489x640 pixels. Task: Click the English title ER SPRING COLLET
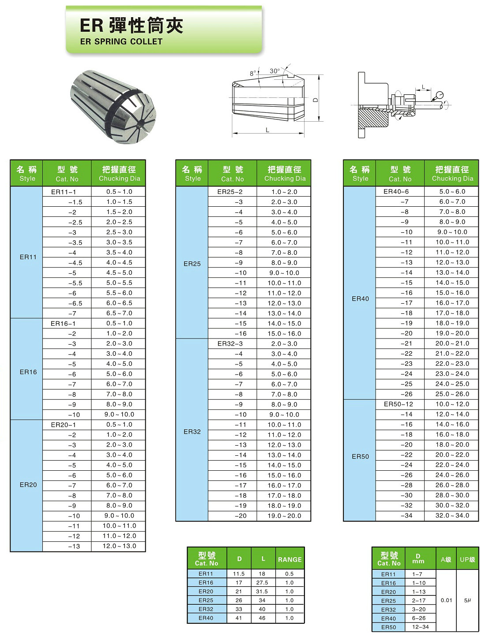[121, 41]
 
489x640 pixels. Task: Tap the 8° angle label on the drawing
[253, 73]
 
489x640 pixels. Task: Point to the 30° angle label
[275, 71]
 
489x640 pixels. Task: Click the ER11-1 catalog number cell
[64, 192]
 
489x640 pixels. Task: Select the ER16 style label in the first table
[28, 372]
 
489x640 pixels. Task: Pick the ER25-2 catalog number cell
[230, 192]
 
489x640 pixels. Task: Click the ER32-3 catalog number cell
[230, 343]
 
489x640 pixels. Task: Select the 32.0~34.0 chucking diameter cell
[452, 515]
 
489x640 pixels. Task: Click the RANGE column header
[290, 559]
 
